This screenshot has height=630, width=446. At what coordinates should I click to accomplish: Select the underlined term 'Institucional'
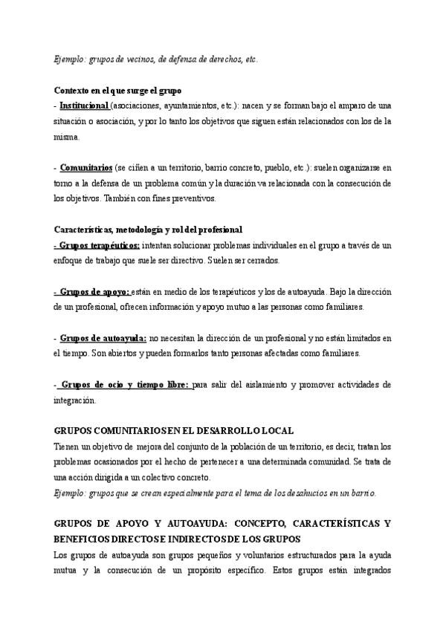coord(84,105)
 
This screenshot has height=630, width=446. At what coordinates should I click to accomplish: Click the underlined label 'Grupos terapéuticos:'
coord(99,245)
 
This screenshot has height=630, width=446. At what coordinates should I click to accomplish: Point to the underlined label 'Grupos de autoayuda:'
coord(103,338)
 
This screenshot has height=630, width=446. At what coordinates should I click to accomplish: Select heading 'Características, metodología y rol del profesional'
coord(148,230)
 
